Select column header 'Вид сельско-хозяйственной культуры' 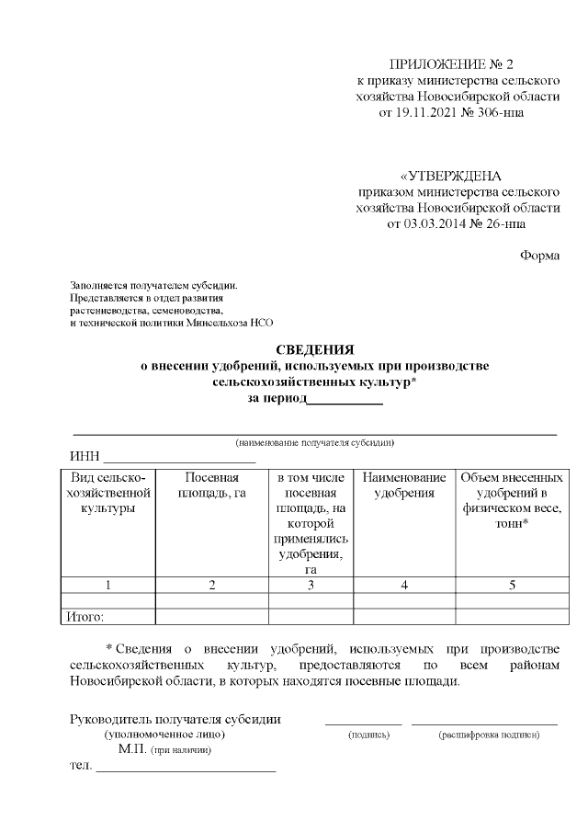tap(109, 494)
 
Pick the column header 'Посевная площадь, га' tap(212, 485)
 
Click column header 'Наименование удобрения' tap(404, 485)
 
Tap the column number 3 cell tap(311, 585)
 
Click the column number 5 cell tap(512, 585)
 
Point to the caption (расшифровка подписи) tap(489, 735)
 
